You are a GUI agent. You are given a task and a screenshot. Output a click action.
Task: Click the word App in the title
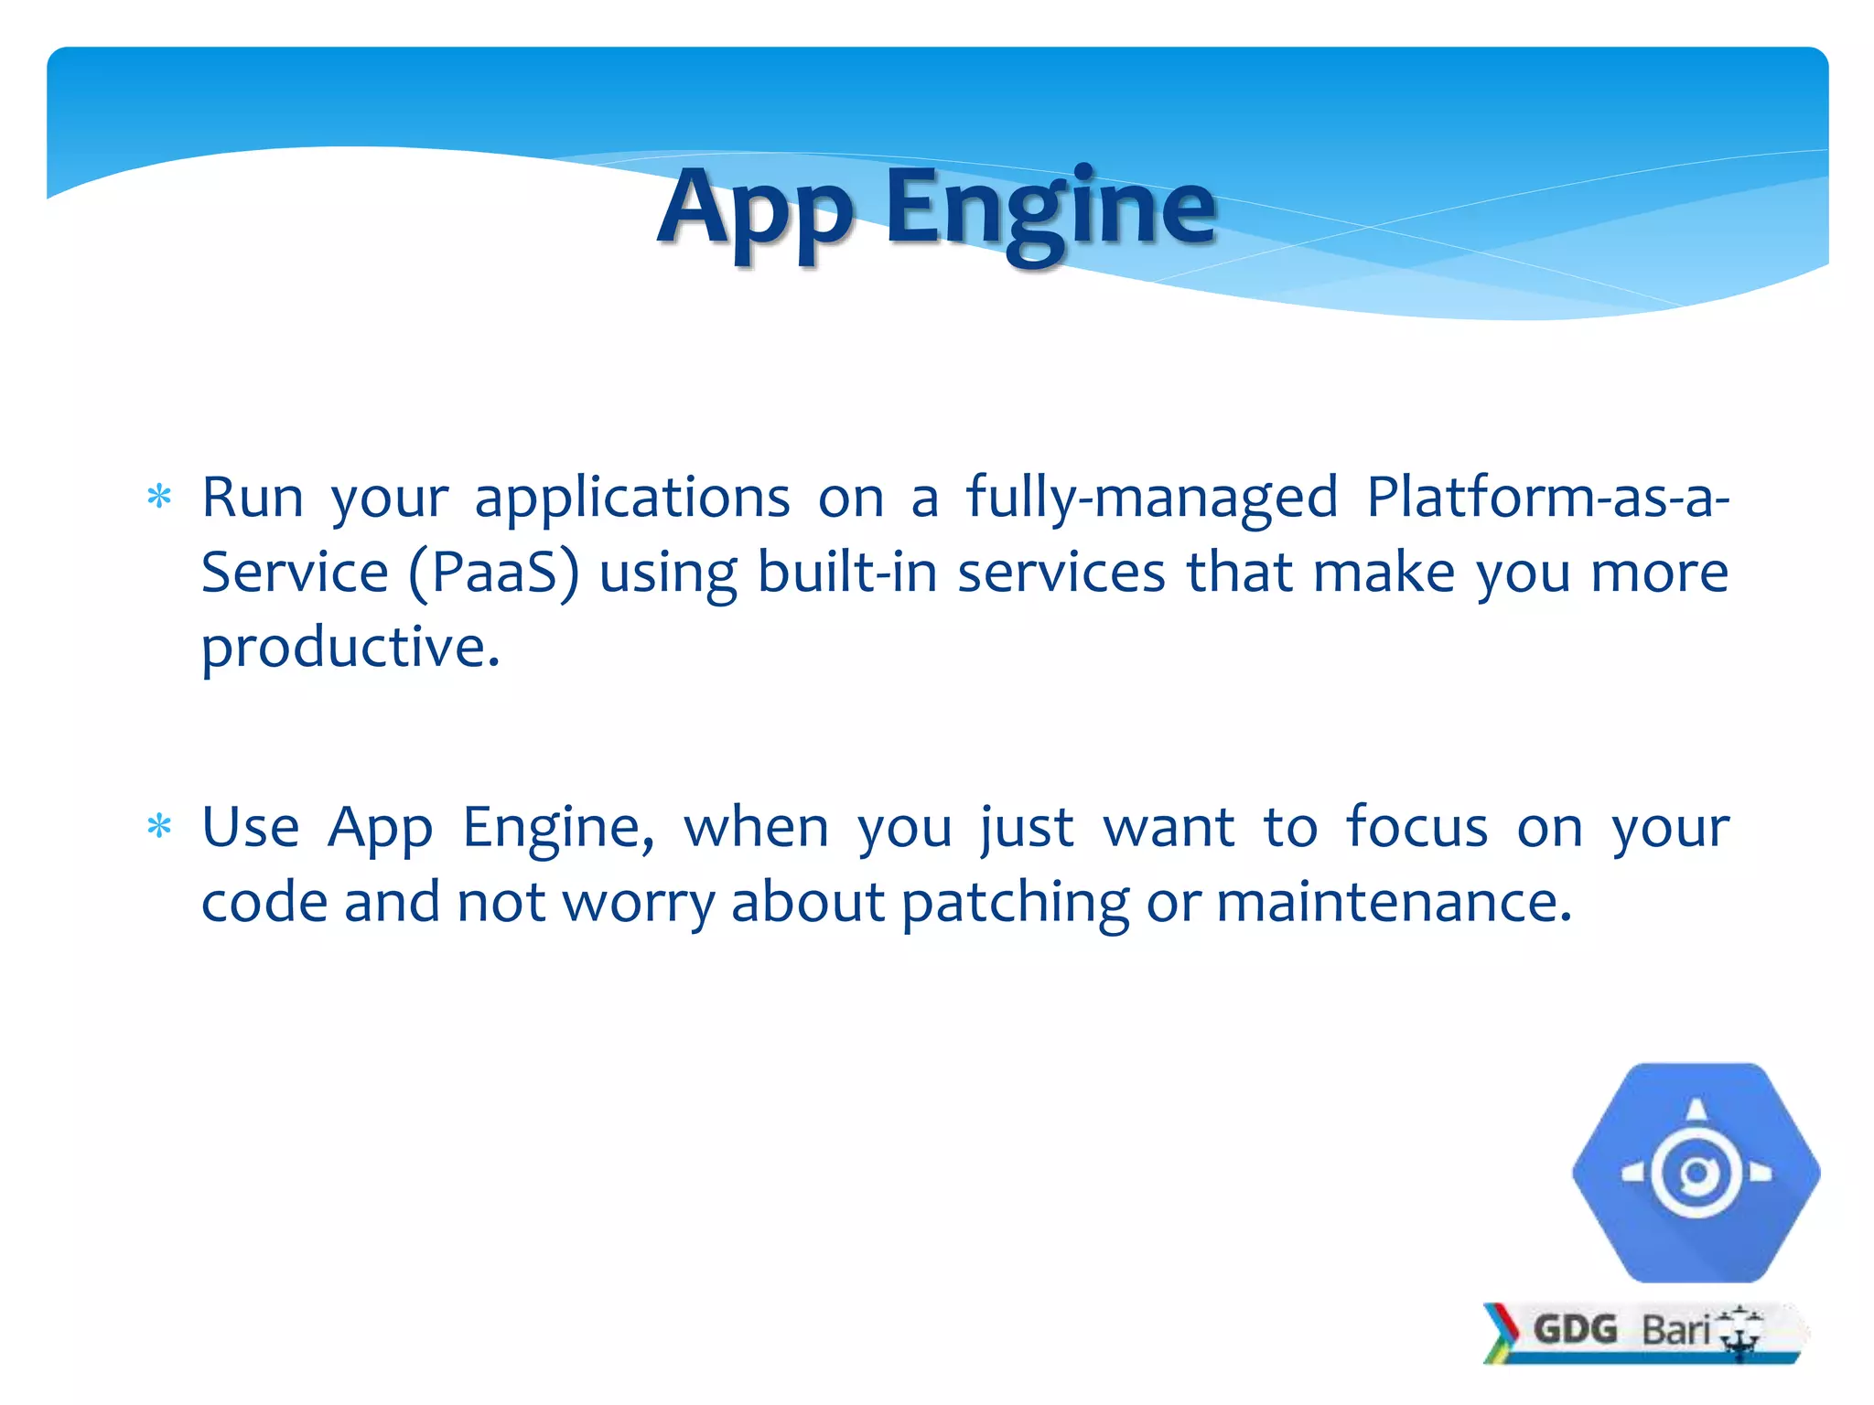755,212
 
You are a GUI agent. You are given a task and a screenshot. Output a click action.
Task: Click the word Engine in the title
1050,212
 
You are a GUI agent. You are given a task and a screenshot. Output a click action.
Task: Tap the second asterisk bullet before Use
159,826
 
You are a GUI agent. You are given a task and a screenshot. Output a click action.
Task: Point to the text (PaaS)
494,574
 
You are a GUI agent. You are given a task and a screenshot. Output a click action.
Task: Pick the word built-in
847,573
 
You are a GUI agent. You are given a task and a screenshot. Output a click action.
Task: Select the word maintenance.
1394,902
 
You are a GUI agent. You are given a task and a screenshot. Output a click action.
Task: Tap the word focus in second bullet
1416,827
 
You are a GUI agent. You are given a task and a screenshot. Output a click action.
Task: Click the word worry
638,904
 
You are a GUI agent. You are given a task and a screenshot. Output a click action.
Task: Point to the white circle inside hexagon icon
1696,1174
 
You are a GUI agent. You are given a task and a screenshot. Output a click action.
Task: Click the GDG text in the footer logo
1575,1330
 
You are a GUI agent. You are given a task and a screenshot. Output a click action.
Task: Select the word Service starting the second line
295,573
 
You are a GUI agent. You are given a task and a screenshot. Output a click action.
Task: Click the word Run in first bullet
252,499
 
